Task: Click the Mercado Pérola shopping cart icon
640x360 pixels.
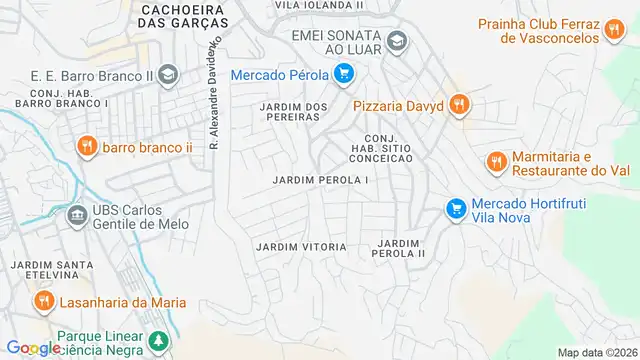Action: point(343,73)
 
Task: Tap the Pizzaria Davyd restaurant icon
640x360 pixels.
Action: point(458,103)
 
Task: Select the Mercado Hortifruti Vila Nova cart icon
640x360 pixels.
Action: point(456,208)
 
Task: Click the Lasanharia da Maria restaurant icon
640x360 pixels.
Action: point(44,301)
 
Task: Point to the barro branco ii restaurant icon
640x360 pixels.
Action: point(87,147)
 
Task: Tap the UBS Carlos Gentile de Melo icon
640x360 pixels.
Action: point(76,216)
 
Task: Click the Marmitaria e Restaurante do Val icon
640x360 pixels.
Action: point(495,161)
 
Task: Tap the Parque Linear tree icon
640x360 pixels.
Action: point(158,343)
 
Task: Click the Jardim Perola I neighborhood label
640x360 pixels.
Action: point(321,180)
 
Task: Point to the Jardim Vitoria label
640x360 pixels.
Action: point(301,246)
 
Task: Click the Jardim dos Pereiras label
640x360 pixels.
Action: point(294,112)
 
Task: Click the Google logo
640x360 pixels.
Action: point(33,348)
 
